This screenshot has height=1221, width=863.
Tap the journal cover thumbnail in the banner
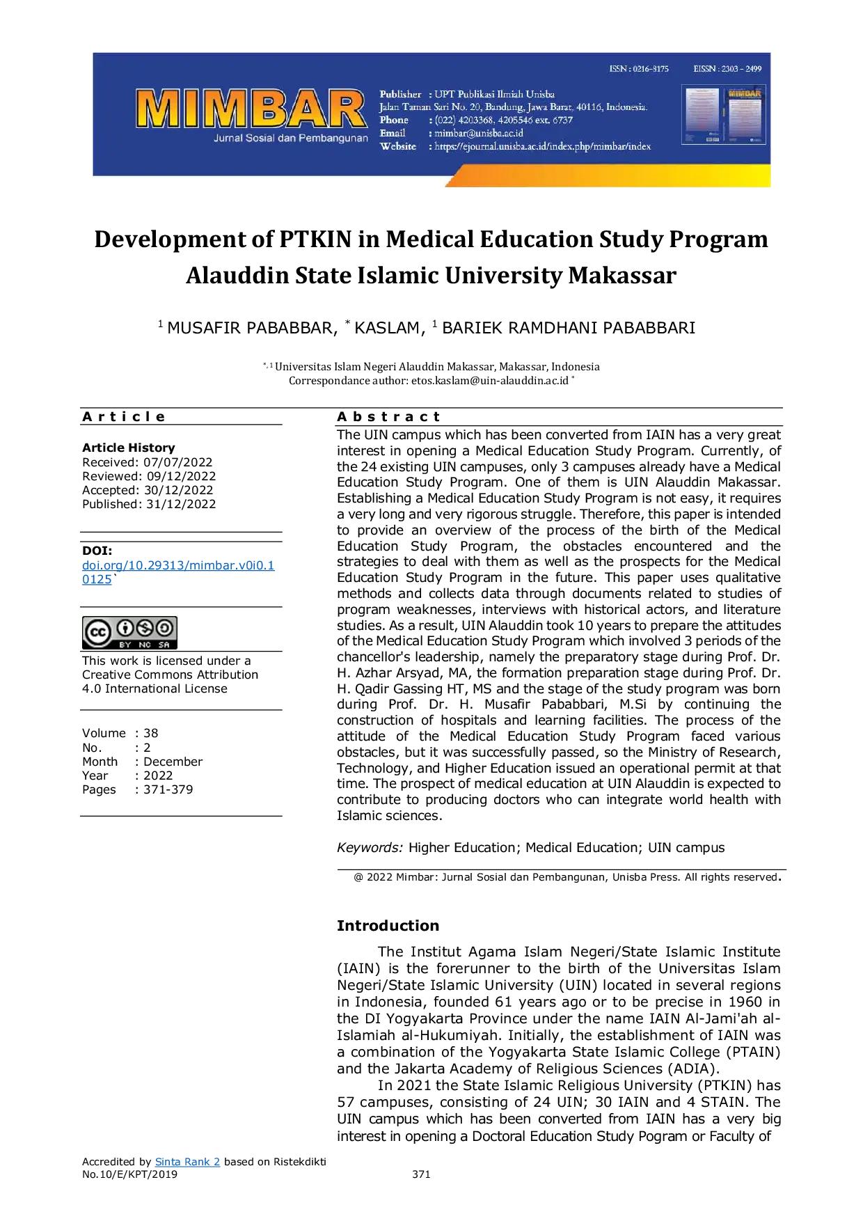(724, 114)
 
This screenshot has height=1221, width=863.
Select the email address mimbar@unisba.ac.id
(479, 133)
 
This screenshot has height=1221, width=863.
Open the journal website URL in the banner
(543, 146)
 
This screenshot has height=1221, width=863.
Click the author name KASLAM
(388, 328)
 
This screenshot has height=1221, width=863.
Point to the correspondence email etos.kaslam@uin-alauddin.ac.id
(490, 381)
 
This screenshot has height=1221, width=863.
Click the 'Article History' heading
(129, 448)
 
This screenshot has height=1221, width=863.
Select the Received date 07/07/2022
(178, 462)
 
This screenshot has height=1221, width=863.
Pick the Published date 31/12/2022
(181, 504)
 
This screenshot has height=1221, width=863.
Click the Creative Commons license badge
(129, 633)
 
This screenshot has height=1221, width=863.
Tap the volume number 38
(151, 733)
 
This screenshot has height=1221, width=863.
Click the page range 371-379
(168, 789)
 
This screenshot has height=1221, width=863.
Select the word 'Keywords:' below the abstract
(370, 848)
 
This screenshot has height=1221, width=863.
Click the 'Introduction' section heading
(388, 926)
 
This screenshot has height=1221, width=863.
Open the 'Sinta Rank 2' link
(187, 1162)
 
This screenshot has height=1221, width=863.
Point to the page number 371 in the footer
(421, 1174)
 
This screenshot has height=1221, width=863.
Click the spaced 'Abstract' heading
(389, 417)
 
